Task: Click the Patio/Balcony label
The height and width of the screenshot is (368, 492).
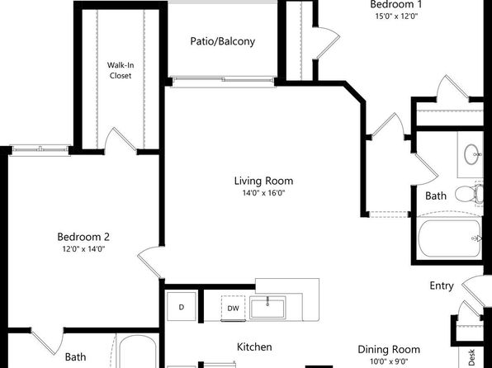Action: [x=222, y=41]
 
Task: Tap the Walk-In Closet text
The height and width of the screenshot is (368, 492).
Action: [x=121, y=70]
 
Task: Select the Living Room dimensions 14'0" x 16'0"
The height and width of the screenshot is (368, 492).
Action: [x=263, y=192]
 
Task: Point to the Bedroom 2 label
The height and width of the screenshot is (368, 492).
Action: [x=83, y=237]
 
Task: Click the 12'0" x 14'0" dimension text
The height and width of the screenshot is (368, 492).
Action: [x=83, y=249]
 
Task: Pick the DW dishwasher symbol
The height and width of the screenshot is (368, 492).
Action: [x=233, y=308]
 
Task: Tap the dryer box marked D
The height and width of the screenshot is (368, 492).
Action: [x=182, y=307]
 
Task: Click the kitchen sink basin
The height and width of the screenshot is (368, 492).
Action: [x=267, y=307]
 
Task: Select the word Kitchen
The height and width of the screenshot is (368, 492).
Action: [x=254, y=347]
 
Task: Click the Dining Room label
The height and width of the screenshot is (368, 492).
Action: [x=389, y=350]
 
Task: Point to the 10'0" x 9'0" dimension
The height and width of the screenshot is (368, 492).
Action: [x=389, y=361]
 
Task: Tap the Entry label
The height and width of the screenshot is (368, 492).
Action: [x=442, y=285]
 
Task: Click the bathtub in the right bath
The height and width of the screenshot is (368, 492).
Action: [x=449, y=238]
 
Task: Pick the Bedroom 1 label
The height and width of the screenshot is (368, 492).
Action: [x=396, y=4]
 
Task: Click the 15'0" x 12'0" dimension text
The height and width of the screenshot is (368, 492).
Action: [x=396, y=16]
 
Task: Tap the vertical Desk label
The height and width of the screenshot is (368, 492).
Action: [x=471, y=357]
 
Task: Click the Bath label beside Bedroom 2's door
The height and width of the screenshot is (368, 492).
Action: [x=75, y=357]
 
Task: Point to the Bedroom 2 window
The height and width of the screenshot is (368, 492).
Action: [x=40, y=149]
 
